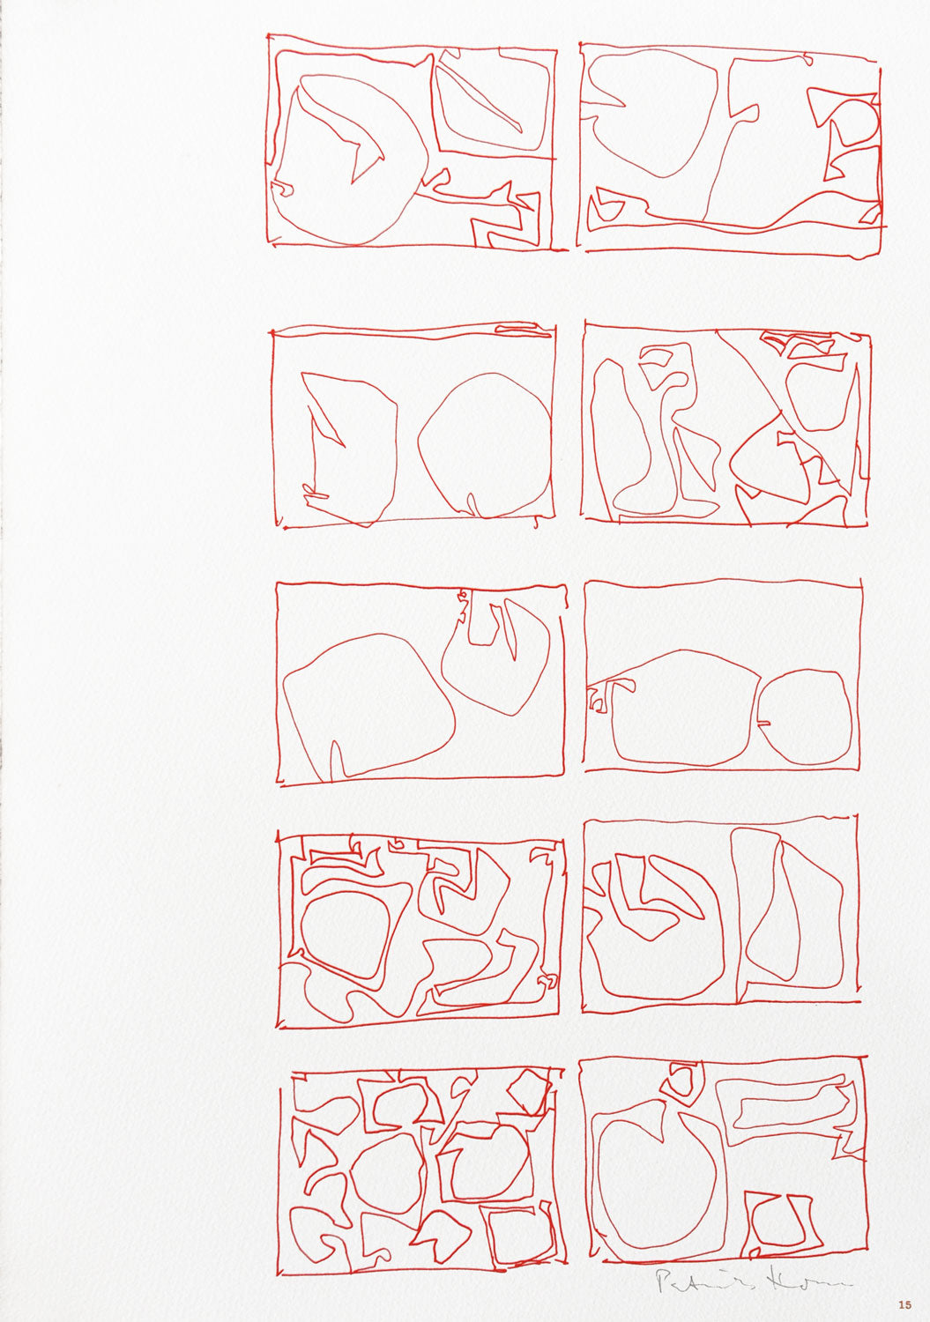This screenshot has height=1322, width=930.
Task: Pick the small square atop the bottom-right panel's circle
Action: point(680,1080)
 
